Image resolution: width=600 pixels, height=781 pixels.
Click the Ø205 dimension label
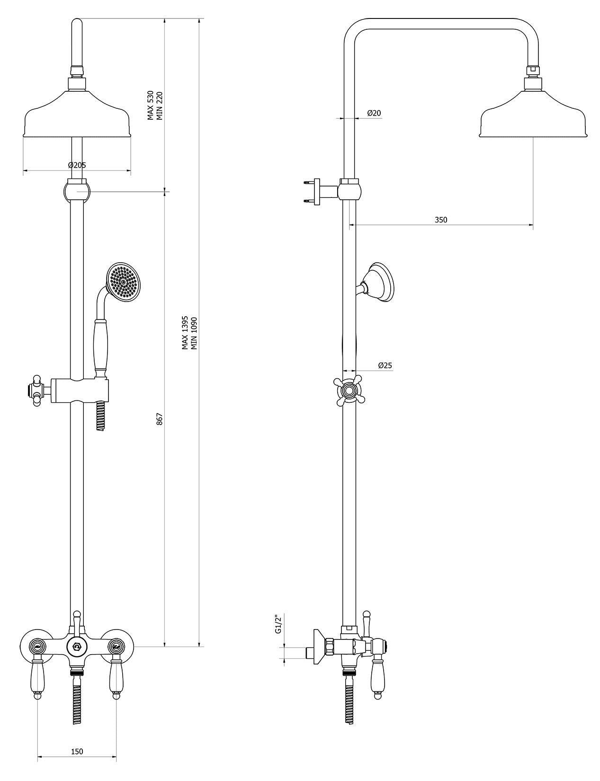(77, 165)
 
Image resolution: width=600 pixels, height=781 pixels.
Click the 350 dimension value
(440, 220)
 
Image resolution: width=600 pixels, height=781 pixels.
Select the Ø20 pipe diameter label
(374, 113)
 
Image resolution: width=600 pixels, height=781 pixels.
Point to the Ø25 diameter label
(385, 365)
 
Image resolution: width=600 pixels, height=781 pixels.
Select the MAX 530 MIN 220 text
(155, 106)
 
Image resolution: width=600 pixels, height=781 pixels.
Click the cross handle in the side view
(349, 391)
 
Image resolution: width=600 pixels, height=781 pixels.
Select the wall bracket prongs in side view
(311, 191)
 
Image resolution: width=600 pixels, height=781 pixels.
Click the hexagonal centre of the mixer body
(76, 646)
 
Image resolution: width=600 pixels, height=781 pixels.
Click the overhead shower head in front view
(77, 118)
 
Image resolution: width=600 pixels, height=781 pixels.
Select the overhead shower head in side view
(534, 118)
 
